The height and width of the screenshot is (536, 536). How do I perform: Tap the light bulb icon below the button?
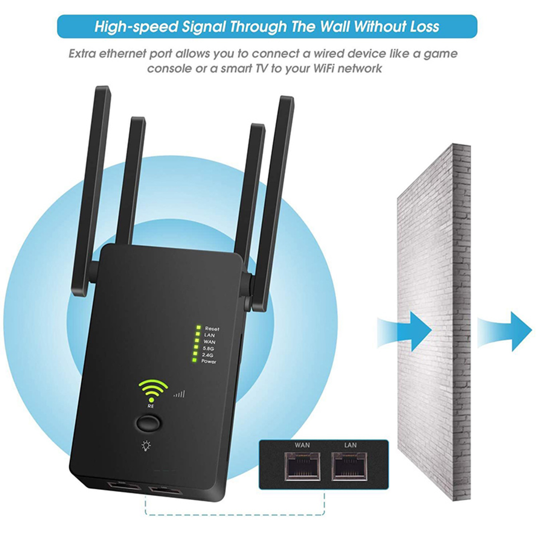point(146,446)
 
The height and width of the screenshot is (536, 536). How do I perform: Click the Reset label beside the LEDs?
point(212,329)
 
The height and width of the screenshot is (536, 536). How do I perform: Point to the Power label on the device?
point(209,361)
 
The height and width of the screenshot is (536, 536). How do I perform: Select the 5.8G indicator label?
point(208,349)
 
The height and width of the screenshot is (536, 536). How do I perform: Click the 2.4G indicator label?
point(208,355)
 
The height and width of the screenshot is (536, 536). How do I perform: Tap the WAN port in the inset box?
point(302,466)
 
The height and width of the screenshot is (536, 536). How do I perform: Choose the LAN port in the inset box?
point(350,466)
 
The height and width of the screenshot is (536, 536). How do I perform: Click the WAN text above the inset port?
point(302,445)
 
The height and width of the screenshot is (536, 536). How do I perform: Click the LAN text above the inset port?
point(350,445)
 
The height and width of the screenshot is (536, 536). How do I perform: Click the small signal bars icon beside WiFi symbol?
point(179,394)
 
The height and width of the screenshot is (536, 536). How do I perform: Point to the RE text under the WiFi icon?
point(151,406)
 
